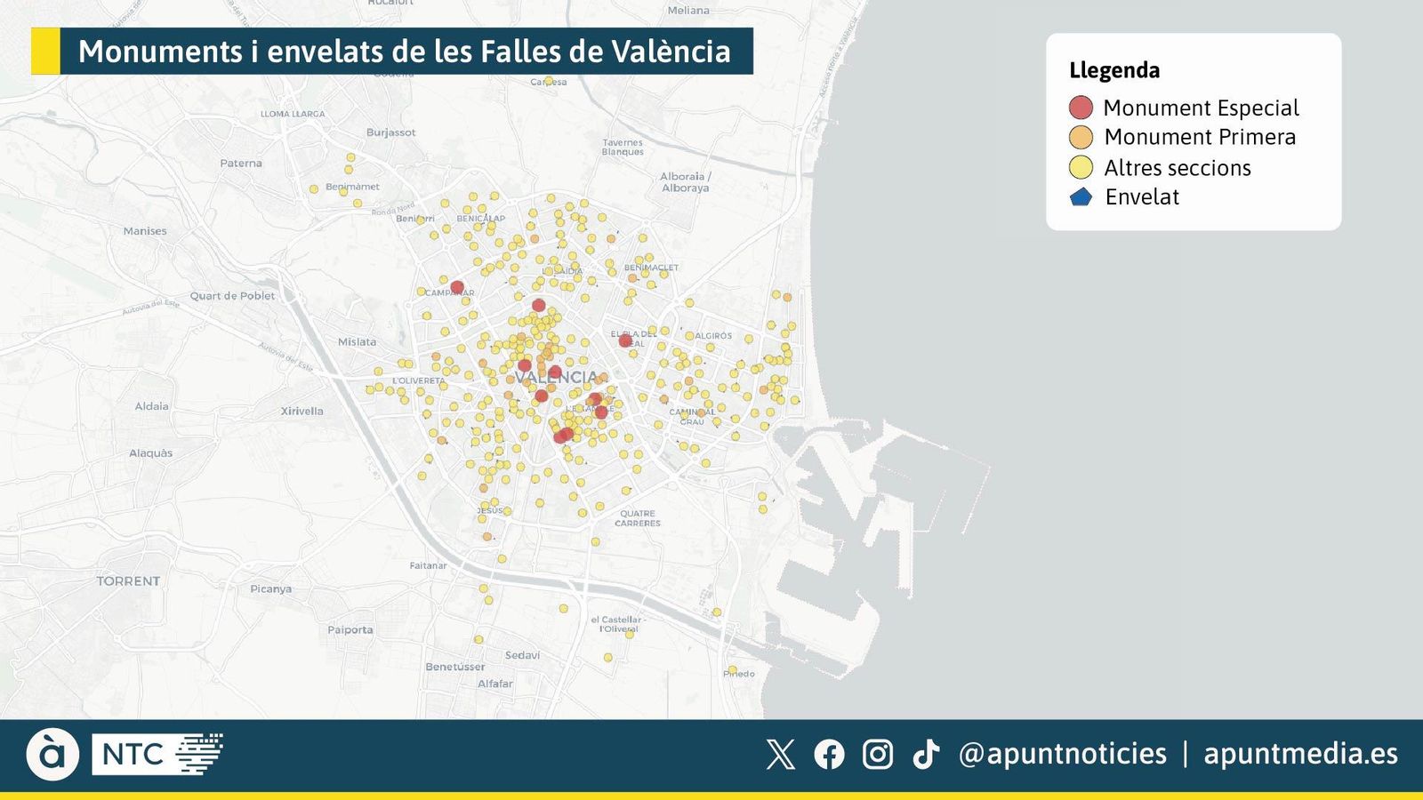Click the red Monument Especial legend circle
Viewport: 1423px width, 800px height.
point(1081,108)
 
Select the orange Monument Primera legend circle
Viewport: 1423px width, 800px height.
point(1081,137)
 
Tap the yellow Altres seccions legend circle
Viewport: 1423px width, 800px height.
point(1081,167)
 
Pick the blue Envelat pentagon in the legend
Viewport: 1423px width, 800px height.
point(1081,197)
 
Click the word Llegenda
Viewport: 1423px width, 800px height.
point(1114,70)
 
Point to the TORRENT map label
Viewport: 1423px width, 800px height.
point(128,581)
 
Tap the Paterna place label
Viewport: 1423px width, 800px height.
point(241,164)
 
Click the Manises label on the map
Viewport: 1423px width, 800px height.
point(145,231)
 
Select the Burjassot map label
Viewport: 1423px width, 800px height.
point(390,132)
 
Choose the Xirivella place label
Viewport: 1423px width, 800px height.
point(302,412)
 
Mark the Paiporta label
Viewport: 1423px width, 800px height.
point(350,630)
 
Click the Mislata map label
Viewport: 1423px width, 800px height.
point(357,342)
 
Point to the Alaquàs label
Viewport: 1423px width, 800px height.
point(151,453)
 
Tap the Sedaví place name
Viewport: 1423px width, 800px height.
point(522,655)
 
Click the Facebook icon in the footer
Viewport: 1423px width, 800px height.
point(829,755)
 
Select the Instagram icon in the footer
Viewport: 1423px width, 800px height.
point(878,755)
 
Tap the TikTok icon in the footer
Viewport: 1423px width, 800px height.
point(926,755)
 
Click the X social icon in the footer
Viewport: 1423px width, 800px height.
point(780,755)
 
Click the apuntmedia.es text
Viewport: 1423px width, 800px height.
point(1300,754)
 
